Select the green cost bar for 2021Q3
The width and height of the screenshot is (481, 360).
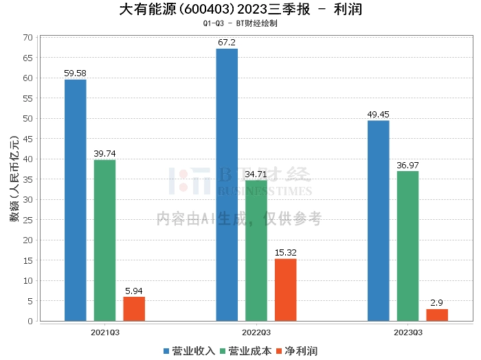click(104, 240)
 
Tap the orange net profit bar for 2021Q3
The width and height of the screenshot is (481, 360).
click(134, 308)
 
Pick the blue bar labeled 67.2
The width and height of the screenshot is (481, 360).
click(227, 185)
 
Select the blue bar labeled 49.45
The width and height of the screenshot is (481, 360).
click(379, 221)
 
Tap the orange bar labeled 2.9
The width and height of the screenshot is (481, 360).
click(437, 315)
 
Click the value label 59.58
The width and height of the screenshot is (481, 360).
click(75, 74)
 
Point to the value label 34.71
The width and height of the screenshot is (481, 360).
click(256, 175)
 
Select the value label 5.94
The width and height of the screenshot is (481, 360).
click(134, 291)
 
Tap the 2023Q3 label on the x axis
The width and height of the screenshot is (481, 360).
click(407, 332)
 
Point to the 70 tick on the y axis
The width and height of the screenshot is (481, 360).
click(28, 37)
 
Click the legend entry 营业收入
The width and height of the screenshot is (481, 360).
click(189, 351)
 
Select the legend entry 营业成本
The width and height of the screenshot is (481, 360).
click(245, 351)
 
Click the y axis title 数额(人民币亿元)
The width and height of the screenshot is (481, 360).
click(14, 179)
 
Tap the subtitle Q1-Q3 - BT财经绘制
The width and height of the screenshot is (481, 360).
click(240, 23)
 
